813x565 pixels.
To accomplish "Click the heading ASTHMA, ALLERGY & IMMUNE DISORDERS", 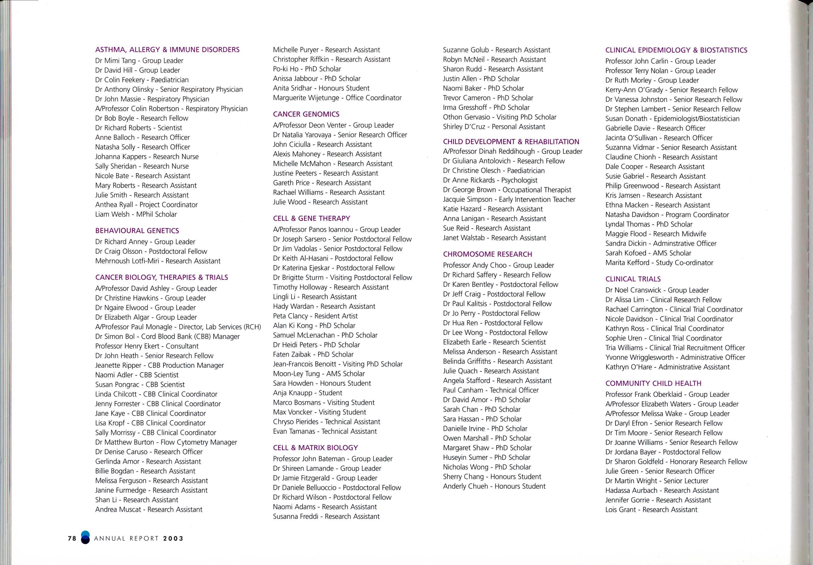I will point(167,50).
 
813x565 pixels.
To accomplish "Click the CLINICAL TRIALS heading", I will point(633,279).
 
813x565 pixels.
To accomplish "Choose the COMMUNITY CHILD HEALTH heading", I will point(653,383).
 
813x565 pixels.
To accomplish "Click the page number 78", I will point(72,539).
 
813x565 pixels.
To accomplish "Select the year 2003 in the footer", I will point(173,539).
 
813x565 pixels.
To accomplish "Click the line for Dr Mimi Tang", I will point(139,60).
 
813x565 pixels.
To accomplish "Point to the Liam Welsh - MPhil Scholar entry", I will point(136,214).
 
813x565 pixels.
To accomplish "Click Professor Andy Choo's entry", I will point(498,265).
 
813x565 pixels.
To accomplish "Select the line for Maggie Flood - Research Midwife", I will point(656,234).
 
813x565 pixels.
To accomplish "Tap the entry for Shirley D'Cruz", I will point(494,127).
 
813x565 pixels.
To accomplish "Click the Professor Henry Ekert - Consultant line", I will point(146,346).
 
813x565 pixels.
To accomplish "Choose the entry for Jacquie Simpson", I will point(509,199).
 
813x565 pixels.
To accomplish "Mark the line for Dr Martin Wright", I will point(657,481).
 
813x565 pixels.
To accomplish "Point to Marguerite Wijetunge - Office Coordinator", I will point(337,98).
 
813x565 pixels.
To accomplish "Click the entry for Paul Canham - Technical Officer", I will point(491,390).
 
